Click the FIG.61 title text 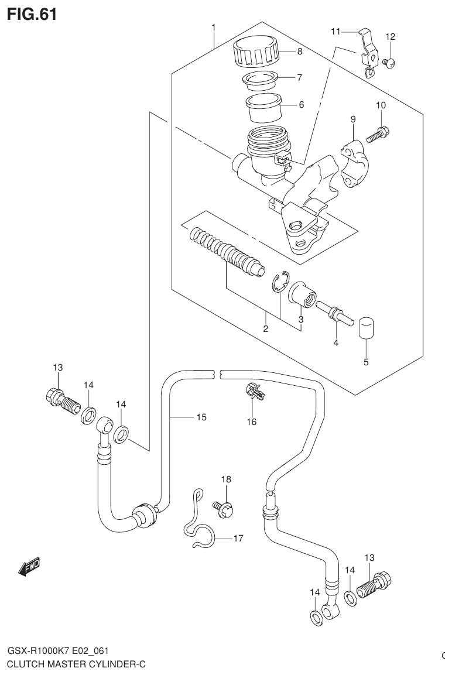tap(32, 14)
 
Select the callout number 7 tap(299, 77)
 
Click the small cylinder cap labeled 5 tap(367, 328)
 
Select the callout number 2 tap(265, 329)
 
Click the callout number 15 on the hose tap(201, 417)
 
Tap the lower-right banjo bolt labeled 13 tap(375, 585)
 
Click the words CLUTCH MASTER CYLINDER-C tap(76, 664)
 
